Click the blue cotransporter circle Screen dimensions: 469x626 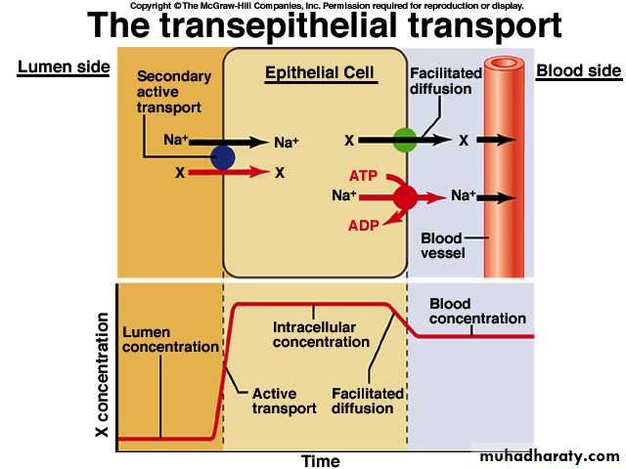pos(223,157)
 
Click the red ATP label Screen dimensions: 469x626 pos(363,176)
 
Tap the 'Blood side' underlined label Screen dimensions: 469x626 pos(579,70)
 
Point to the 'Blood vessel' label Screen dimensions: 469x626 pos(441,245)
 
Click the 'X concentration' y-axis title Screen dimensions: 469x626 pos(102,374)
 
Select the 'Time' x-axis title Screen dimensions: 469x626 pos(320,461)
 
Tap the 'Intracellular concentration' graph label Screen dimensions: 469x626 pos(321,335)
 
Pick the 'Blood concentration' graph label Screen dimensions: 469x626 pos(477,312)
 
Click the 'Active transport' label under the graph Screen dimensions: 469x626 pos(284,402)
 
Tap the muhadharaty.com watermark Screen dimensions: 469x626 pos(551,455)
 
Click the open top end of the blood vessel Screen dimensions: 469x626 pos(505,64)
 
